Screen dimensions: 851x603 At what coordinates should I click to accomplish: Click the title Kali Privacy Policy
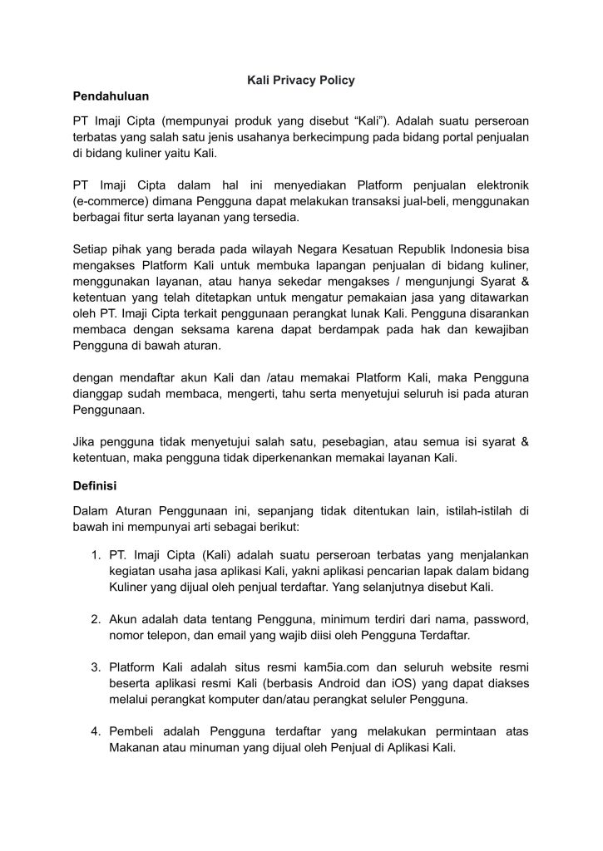click(x=301, y=80)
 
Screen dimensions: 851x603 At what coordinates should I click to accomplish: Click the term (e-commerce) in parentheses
click(x=109, y=202)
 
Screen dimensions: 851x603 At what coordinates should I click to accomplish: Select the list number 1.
click(x=96, y=554)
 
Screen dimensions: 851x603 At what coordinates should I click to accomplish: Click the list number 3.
click(x=96, y=667)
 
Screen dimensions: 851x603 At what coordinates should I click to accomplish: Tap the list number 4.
click(x=96, y=730)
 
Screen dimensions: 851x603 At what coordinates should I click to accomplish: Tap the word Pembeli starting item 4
click(x=134, y=730)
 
